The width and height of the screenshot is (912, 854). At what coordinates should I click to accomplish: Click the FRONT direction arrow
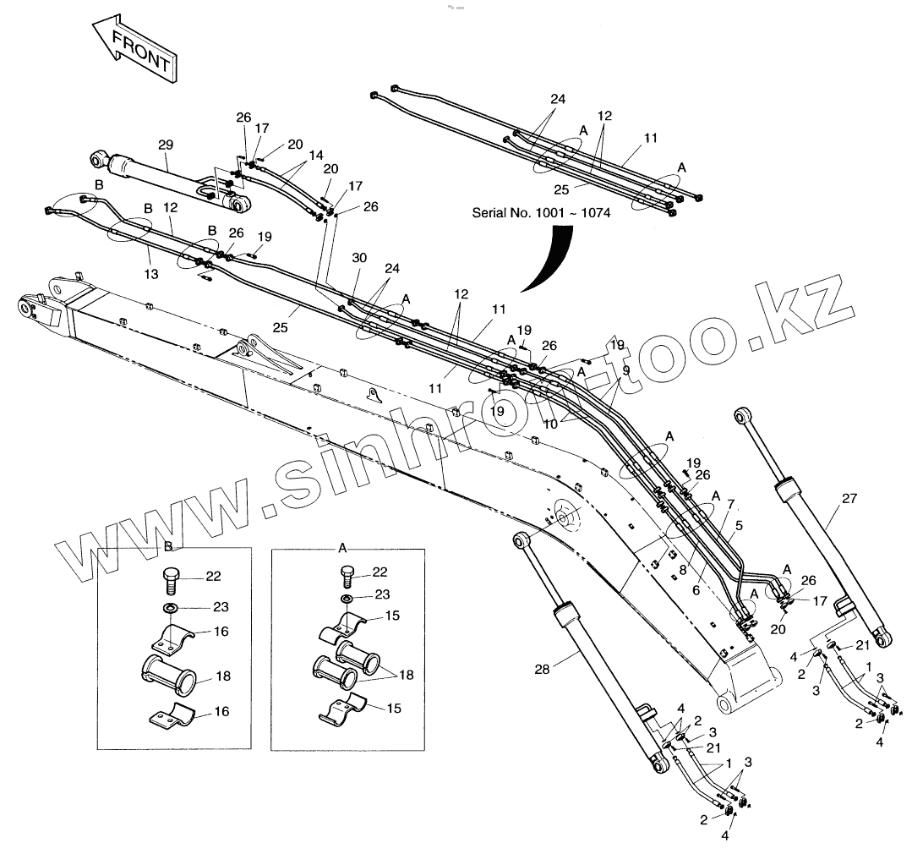[x=134, y=52]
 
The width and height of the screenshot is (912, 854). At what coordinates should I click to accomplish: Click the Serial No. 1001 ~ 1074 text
[x=541, y=213]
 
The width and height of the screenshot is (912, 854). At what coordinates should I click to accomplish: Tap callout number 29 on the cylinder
[x=164, y=145]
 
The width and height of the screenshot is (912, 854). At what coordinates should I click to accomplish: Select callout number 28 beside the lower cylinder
[x=542, y=668]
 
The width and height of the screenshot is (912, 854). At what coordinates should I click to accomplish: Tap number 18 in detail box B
[x=222, y=676]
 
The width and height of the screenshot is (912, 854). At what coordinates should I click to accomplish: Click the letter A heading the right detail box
[x=342, y=547]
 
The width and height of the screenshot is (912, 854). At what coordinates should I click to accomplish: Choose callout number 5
[x=738, y=525]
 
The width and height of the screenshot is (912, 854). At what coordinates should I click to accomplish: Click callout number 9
[x=625, y=370]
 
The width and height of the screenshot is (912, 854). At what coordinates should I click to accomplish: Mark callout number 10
[x=550, y=424]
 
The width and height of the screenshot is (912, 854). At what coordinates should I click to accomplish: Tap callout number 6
[x=696, y=591]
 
